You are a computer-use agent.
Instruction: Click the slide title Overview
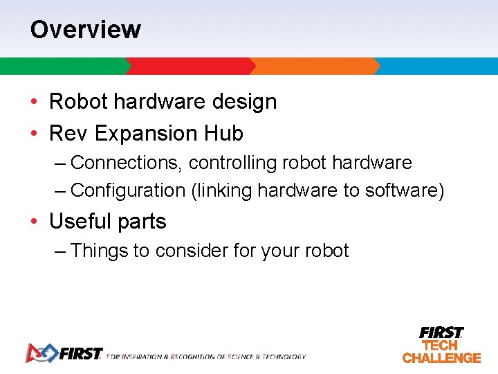85,30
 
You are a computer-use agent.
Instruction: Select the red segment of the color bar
190,66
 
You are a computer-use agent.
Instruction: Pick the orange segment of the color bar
315,66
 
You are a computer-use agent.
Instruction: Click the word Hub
223,133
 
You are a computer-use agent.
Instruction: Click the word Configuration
128,190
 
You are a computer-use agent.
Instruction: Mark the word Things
100,251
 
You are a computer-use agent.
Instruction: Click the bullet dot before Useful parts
34,222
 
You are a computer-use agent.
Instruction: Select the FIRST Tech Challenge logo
441,345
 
